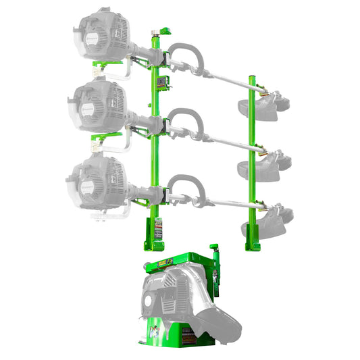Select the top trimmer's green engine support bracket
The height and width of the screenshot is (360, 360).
pos(109,65)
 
